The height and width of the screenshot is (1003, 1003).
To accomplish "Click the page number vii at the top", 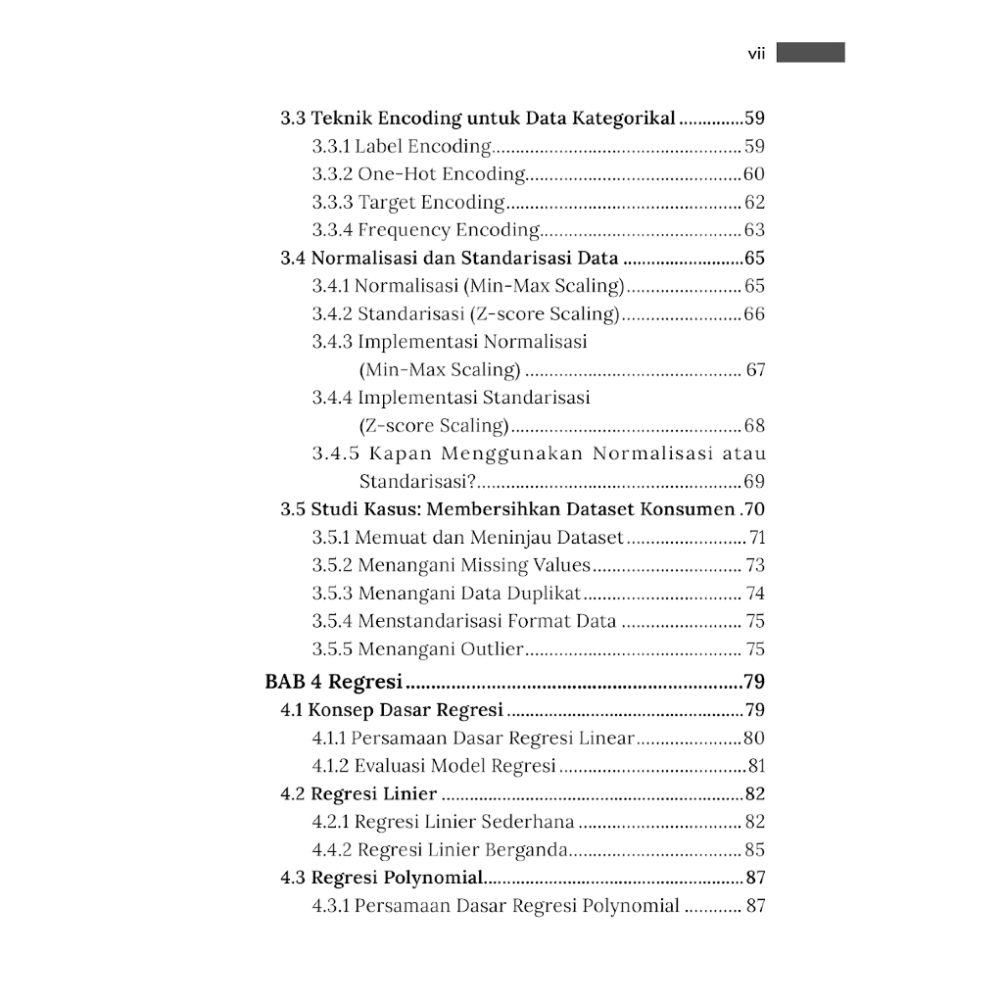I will (755, 54).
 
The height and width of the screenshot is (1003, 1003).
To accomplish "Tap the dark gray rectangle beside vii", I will (810, 53).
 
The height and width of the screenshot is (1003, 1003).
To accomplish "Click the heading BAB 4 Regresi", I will (336, 682).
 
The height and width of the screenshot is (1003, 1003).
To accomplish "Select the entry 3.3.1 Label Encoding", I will (402, 147).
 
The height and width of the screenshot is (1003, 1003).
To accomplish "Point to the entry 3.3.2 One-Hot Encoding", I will (419, 174).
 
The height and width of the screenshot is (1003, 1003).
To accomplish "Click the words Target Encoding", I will (431, 203).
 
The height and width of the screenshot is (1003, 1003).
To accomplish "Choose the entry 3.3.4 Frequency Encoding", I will (426, 230).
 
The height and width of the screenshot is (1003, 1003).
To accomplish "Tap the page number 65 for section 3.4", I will (754, 259).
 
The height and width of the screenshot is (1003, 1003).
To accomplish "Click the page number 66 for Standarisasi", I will (754, 314).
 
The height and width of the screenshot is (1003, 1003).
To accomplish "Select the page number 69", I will (754, 482).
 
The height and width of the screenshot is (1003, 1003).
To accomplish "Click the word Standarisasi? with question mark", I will (417, 482).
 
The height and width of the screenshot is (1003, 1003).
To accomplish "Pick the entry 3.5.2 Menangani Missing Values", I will (452, 565).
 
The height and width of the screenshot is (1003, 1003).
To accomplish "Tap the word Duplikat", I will (544, 594).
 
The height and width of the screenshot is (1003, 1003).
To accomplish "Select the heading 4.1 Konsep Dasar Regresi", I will (392, 710).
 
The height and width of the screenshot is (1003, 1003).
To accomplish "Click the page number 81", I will (755, 766).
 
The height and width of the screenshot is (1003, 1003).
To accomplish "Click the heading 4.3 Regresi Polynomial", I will (382, 878).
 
